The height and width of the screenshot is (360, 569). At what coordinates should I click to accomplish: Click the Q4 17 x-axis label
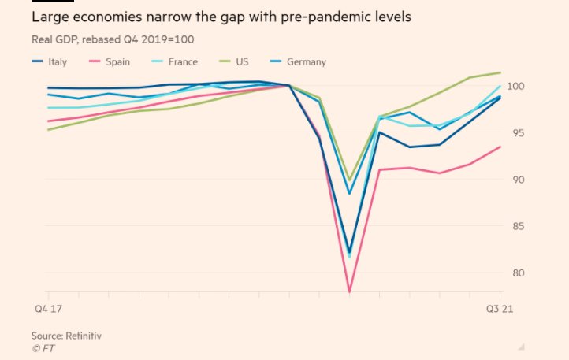[x=46, y=309]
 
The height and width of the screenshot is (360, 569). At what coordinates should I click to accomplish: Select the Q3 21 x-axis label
[x=499, y=309]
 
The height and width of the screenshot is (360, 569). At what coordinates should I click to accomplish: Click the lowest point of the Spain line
[x=349, y=292]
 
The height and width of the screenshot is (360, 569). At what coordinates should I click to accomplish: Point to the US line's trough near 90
[x=349, y=180]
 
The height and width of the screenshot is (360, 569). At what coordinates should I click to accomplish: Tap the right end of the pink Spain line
[x=500, y=147]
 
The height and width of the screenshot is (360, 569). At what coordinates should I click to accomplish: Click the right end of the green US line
[x=500, y=72]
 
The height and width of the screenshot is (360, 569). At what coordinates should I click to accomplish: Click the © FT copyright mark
[x=43, y=347]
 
